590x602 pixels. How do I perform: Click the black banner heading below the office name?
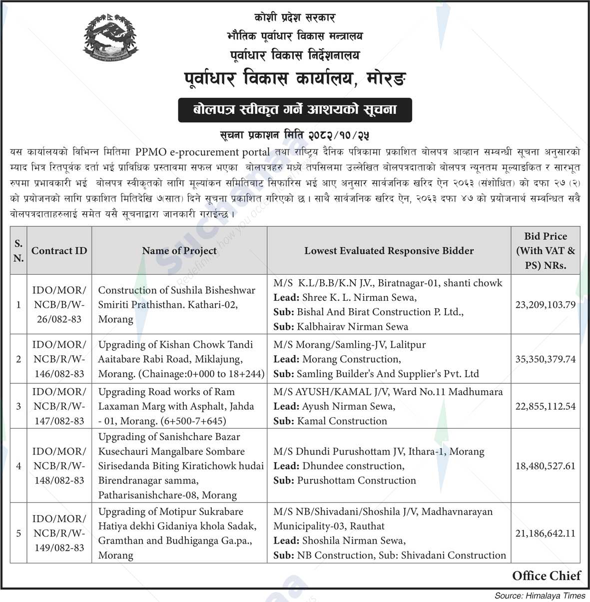pos(295,110)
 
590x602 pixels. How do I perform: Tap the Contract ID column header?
pos(59,251)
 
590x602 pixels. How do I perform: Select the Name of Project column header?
pos(179,251)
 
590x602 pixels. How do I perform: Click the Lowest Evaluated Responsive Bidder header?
pos(389,251)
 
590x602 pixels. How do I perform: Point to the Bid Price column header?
pos(545,251)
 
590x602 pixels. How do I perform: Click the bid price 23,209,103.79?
pos(545,304)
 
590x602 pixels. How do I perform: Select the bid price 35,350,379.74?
pos(545,359)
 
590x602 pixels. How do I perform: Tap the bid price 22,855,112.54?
pos(545,406)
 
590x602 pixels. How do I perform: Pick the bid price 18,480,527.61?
pos(545,466)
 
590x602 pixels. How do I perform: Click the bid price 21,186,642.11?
pos(545,534)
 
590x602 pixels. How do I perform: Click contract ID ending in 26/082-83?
pos(59,304)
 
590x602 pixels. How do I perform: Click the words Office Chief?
pos(546,576)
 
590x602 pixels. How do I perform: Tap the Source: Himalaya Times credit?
pos(540,596)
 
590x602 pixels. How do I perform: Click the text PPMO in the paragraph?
pos(157,151)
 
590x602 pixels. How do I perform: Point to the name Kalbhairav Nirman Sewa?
pos(352,327)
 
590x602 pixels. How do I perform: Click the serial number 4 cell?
pos(18,466)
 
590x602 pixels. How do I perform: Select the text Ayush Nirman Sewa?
pos(348,406)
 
